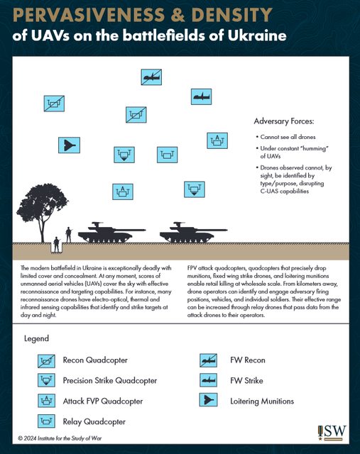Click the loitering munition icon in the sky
tap(70, 145)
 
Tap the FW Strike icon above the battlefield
tap(201, 96)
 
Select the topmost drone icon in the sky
tap(151, 77)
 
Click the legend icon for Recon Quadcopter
tap(46, 361)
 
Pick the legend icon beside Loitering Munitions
tap(209, 400)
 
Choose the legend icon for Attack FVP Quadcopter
tap(46, 401)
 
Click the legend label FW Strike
tap(246, 380)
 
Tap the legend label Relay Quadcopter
tap(94, 421)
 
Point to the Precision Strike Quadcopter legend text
tap(110, 380)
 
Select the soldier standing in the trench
tap(56, 245)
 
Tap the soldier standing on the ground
tap(68, 235)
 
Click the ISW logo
tap(332, 433)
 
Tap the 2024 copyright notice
tap(60, 438)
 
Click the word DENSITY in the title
tap(232, 15)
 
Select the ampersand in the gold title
tap(178, 15)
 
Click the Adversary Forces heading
tap(284, 121)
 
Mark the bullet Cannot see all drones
tap(286, 137)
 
